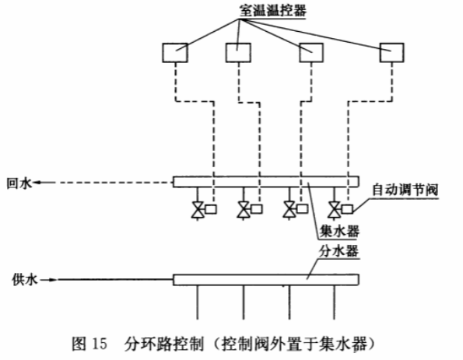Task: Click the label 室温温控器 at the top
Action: point(272,11)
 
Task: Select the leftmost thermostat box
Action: point(175,53)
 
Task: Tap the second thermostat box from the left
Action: point(238,53)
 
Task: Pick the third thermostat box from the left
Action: point(311,53)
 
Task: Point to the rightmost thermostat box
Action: point(392,53)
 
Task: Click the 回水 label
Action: point(19,183)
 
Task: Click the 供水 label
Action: point(25,279)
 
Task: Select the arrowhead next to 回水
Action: point(37,183)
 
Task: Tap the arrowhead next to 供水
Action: point(53,280)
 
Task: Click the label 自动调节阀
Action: point(405,190)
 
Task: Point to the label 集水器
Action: point(339,231)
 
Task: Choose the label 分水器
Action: point(339,252)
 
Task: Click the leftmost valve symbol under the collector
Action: point(198,210)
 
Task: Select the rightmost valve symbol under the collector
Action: point(335,210)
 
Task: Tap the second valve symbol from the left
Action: point(244,210)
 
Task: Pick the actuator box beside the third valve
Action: point(303,209)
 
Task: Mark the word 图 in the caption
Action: point(79,344)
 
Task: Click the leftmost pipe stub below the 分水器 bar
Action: point(198,302)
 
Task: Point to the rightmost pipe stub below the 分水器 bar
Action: point(335,302)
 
